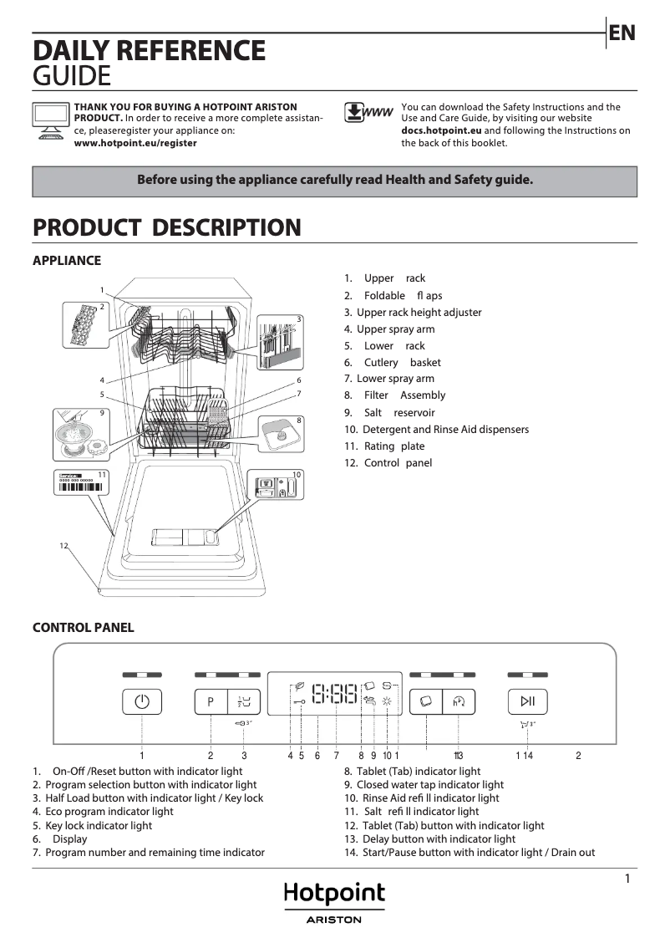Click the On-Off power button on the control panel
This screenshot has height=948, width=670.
142,701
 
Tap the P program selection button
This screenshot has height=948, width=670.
211,701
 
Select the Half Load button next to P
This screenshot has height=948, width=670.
244,701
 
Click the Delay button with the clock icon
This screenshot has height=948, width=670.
459,701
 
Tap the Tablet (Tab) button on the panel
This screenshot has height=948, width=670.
425,701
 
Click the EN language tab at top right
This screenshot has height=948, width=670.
622,33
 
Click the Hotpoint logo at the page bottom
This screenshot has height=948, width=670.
335,894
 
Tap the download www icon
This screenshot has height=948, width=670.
368,113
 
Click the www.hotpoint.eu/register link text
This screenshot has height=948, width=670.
135,143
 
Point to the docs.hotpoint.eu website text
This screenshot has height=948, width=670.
441,131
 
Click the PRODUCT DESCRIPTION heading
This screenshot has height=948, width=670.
166,227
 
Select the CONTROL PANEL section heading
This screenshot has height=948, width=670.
83,628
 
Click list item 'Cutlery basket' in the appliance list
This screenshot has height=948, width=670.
402,362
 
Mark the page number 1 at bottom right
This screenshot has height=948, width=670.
627,879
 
